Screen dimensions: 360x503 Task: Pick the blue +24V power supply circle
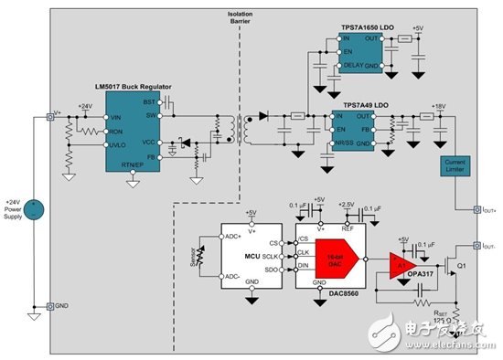coord(35,208)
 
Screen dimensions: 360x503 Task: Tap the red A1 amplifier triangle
coord(401,265)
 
